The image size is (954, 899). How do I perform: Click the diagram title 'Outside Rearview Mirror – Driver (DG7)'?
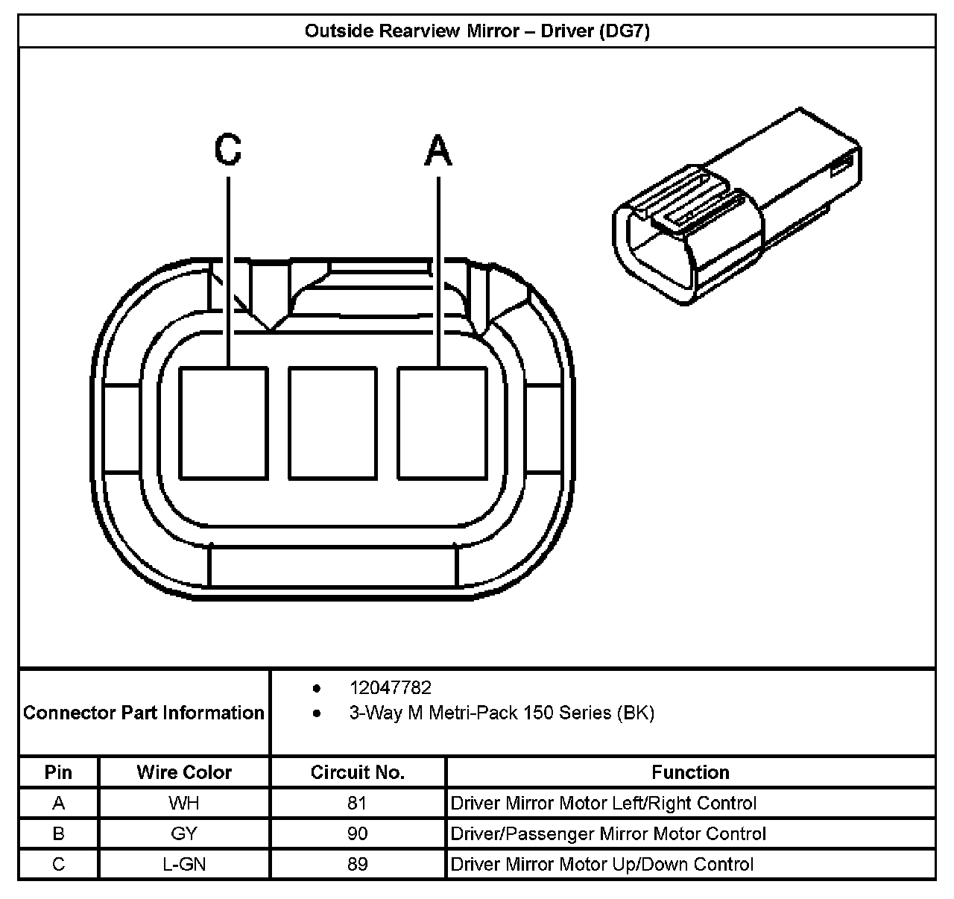(477, 31)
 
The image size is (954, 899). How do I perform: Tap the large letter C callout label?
(227, 149)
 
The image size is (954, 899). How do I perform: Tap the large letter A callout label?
(438, 150)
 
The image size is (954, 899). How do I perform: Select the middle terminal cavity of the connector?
(333, 423)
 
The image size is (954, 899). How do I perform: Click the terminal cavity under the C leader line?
(224, 423)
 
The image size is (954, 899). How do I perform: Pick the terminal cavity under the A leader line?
(443, 423)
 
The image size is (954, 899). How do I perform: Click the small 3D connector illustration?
(737, 206)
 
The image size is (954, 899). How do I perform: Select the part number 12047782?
(390, 688)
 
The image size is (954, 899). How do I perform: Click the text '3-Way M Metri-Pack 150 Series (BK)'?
(502, 713)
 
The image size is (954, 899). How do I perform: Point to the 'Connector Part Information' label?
(144, 713)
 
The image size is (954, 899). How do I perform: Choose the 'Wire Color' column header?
(184, 772)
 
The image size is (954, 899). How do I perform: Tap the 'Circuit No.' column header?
(358, 772)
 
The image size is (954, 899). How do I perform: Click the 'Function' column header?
(690, 772)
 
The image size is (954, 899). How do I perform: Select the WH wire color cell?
(184, 803)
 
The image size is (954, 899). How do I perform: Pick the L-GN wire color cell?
(184, 864)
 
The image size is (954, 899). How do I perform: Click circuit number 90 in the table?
(358, 833)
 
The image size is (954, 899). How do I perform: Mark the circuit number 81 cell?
(357, 803)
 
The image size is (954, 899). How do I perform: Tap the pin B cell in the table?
(59, 833)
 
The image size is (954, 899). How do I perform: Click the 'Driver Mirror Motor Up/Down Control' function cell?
(602, 864)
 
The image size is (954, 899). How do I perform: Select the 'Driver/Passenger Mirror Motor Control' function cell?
(608, 833)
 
